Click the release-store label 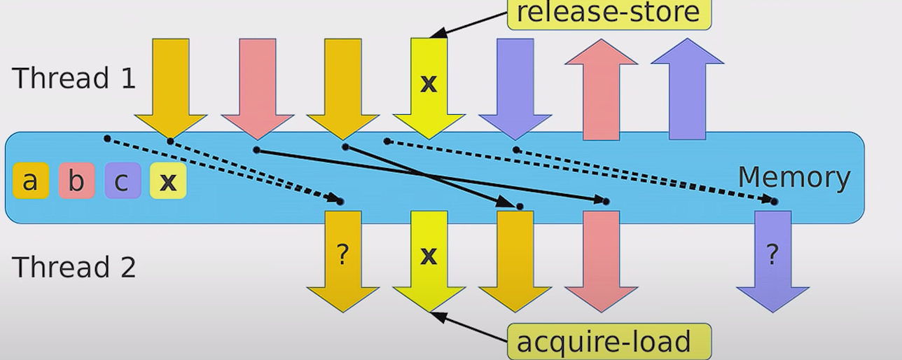608,13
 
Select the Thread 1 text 74,78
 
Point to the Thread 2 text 74,267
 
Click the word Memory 793,178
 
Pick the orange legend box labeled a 30,181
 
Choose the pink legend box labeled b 76,181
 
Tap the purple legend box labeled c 123,181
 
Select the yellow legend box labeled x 168,181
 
